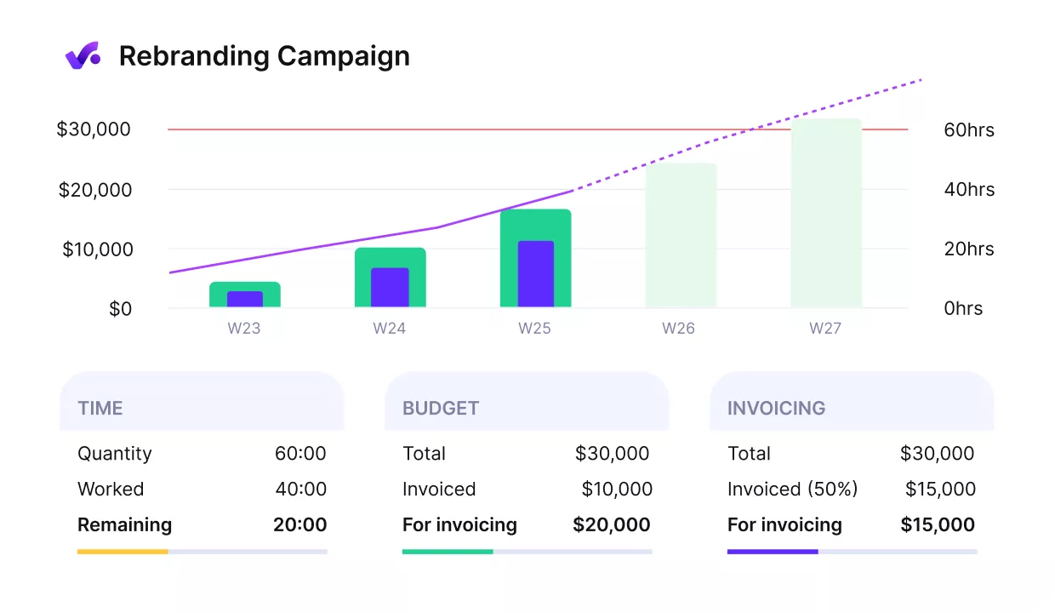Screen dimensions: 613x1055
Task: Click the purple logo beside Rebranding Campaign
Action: pos(83,56)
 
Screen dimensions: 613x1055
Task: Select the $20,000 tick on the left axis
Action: pos(94,190)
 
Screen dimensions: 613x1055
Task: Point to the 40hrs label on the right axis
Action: pos(968,190)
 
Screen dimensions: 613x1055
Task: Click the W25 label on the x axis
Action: pos(534,329)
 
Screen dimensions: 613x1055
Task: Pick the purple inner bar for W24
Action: pos(390,288)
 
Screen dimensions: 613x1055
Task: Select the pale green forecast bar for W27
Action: pos(825,213)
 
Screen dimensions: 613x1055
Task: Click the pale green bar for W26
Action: pos(681,235)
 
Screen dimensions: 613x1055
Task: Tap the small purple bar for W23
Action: pos(245,299)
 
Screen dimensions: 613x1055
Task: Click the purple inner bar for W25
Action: pos(535,274)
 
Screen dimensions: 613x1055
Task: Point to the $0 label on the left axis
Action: pos(120,309)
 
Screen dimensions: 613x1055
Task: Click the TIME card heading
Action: pos(100,409)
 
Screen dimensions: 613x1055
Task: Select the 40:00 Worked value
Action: pos(300,490)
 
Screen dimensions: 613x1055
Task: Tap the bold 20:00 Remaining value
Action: pos(299,525)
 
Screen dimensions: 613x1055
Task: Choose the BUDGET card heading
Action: pos(441,409)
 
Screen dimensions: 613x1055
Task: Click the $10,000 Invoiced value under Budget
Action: pos(616,490)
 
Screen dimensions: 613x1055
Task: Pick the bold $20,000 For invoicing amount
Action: pos(611,525)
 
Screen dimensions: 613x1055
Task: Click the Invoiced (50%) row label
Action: pos(792,490)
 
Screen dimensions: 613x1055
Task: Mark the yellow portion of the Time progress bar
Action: pos(123,552)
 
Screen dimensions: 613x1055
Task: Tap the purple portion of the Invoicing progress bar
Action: pos(772,552)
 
